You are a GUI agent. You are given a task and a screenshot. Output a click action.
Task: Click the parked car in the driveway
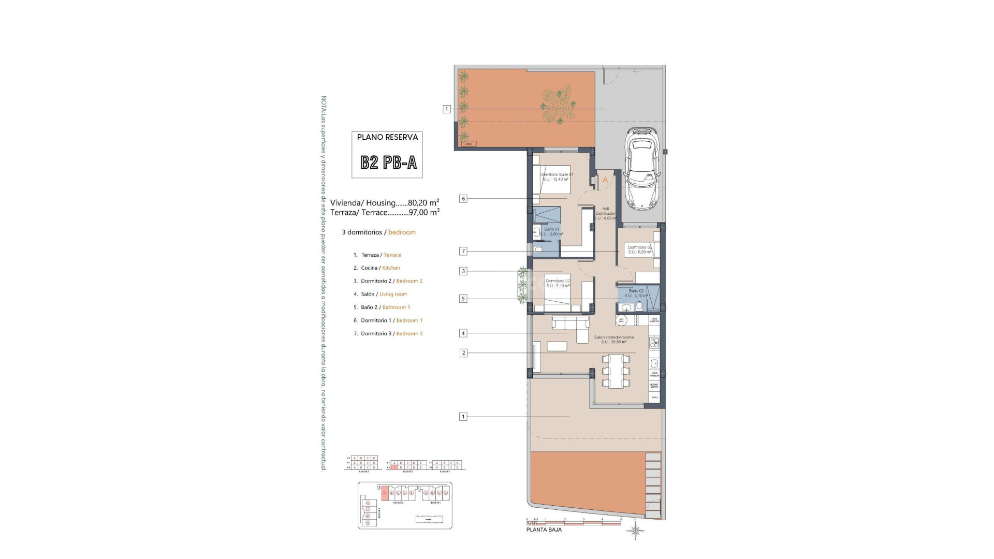click(641, 170)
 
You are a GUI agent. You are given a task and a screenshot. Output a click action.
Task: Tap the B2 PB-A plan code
click(388, 163)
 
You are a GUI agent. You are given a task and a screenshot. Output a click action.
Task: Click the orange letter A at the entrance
click(605, 181)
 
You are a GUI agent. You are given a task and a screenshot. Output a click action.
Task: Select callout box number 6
click(463, 199)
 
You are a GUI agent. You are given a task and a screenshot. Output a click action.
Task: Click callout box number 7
click(463, 251)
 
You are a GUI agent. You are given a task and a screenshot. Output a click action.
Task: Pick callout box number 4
click(463, 333)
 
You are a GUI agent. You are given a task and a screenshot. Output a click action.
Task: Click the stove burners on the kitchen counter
click(654, 342)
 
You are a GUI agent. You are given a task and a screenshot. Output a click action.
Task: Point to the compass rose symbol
click(636, 531)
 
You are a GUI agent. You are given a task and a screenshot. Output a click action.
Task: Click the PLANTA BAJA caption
click(544, 529)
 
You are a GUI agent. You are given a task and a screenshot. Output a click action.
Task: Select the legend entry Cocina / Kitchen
click(381, 268)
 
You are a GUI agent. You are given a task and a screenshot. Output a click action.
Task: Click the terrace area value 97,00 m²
click(424, 212)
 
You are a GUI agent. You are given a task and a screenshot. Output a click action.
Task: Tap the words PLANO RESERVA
click(387, 137)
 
